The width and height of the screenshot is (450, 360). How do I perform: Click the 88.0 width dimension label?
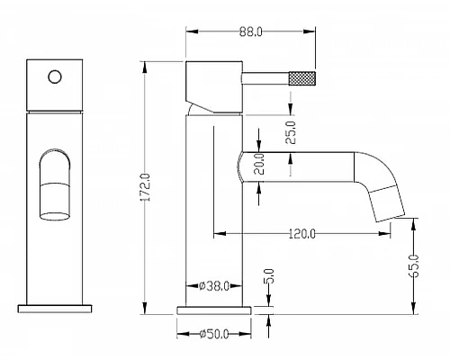251,31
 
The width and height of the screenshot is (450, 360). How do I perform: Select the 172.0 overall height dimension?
146,187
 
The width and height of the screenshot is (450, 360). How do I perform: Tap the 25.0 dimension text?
291,132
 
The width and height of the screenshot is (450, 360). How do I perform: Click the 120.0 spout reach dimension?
302,233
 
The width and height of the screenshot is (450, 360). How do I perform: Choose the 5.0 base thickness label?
270,276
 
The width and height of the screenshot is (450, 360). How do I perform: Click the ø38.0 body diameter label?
214,286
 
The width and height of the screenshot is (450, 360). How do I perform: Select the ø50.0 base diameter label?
214,334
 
